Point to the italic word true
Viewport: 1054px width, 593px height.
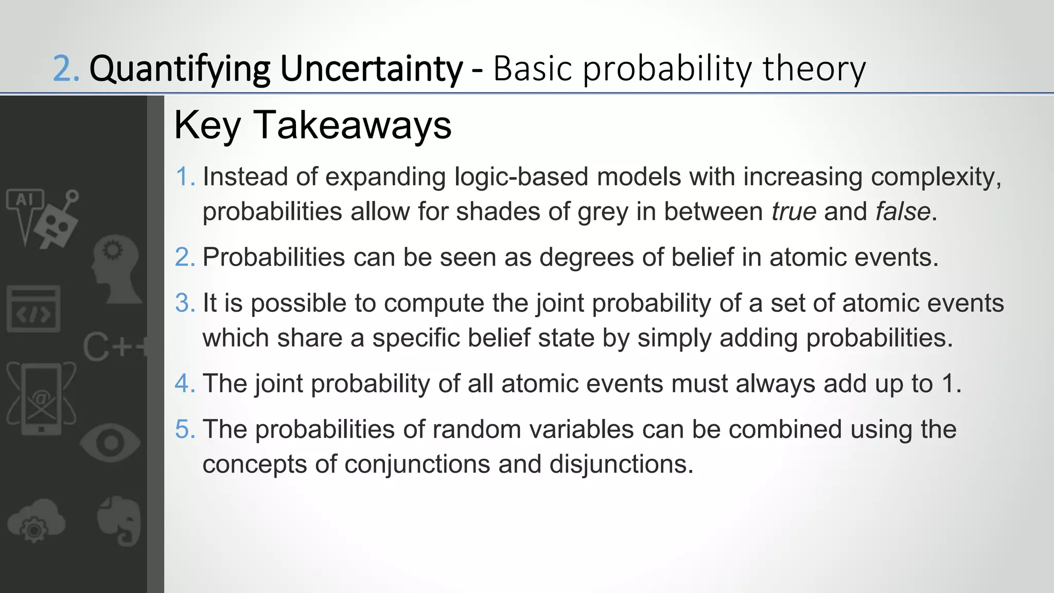(794, 212)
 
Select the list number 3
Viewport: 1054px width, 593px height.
(184, 303)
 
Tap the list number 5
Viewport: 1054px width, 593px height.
(184, 429)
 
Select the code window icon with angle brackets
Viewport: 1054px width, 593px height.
(33, 309)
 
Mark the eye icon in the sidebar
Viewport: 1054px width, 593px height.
(110, 443)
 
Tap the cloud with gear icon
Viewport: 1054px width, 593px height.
(36, 520)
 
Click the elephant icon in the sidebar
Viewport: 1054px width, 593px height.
(119, 520)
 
